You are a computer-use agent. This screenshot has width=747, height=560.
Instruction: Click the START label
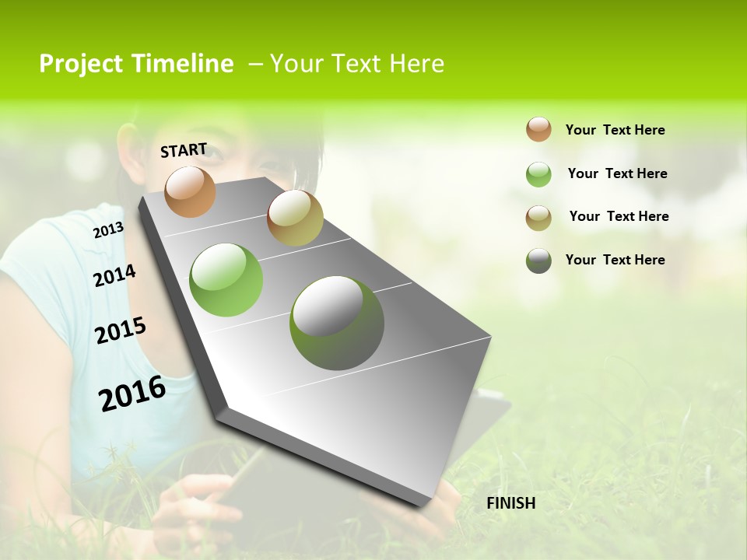click(x=184, y=150)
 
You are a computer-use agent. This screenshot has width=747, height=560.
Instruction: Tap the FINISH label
click(x=510, y=503)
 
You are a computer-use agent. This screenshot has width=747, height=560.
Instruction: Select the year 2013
click(x=108, y=230)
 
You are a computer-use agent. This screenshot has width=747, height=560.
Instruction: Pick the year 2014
click(x=114, y=275)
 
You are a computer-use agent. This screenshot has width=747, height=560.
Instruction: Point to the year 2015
click(x=121, y=331)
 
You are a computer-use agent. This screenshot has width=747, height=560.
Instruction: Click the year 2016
click(x=132, y=394)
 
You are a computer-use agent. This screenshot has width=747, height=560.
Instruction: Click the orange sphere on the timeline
click(x=191, y=191)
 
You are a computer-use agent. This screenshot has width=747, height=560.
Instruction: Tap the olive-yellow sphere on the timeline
click(x=295, y=218)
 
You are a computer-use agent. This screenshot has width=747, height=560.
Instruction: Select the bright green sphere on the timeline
click(x=226, y=280)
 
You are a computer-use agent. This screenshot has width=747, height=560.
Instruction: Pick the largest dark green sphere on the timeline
click(x=337, y=323)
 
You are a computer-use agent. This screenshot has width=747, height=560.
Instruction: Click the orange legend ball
click(x=538, y=129)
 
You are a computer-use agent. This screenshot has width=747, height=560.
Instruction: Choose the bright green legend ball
click(x=538, y=174)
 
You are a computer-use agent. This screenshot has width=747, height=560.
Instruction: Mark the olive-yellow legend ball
click(x=538, y=218)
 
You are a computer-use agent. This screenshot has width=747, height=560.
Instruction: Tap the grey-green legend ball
click(x=538, y=261)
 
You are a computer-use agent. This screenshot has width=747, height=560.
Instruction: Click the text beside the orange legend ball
click(x=615, y=130)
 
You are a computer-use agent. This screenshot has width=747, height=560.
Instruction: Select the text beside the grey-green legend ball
click(x=615, y=260)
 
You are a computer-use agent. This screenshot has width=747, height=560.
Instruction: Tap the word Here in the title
click(x=416, y=64)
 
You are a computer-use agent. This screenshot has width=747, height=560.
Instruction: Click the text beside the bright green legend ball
click(x=617, y=173)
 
